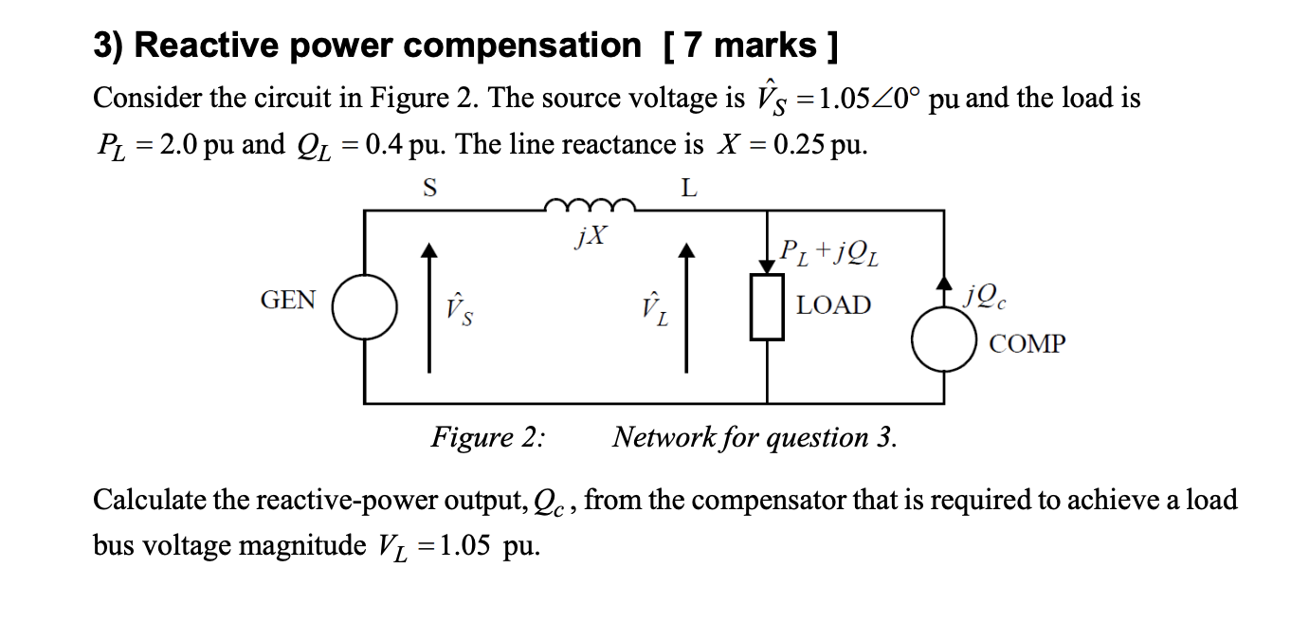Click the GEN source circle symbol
click(365, 307)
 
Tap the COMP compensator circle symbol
click(944, 339)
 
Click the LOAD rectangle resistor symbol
click(767, 307)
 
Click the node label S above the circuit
click(429, 188)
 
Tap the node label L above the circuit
click(689, 188)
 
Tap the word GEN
click(288, 301)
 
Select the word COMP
click(1027, 343)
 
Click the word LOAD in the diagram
click(833, 305)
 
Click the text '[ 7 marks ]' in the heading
click(748, 45)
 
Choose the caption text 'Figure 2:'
click(488, 437)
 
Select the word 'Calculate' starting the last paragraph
click(151, 500)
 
